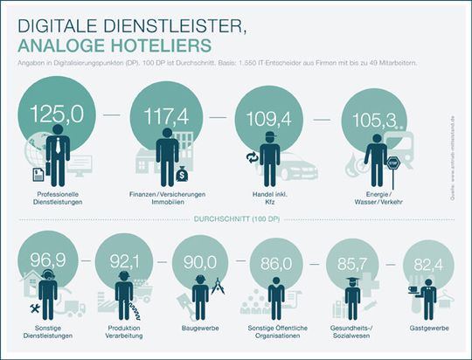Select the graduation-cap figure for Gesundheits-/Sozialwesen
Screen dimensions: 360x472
pos(351,297)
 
